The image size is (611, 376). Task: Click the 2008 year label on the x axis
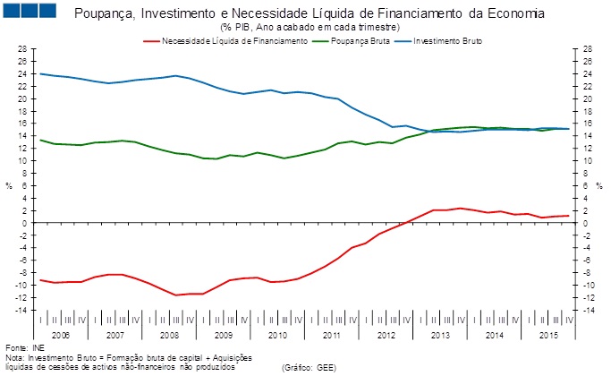(169, 334)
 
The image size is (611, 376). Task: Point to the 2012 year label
(386, 334)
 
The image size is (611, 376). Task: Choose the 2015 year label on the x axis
(549, 334)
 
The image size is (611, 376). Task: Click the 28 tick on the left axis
(21, 49)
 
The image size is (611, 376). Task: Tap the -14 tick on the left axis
(20, 310)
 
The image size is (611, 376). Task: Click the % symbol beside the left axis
(9, 185)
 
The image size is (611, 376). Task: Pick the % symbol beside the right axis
(600, 185)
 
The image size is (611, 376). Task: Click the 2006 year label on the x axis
(60, 334)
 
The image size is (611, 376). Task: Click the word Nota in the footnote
(14, 357)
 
